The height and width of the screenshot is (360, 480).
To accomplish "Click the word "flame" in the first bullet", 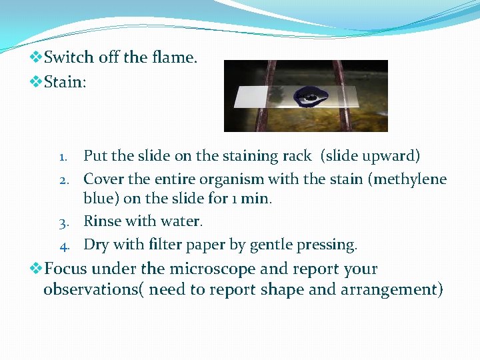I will pos(173,58).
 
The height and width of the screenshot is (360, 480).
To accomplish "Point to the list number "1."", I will pos(67,157).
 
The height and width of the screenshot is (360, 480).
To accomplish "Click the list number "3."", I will pos(66,222).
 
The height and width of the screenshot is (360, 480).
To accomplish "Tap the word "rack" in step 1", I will pos(297,156).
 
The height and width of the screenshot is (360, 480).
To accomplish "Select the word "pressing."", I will pos(327,245).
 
